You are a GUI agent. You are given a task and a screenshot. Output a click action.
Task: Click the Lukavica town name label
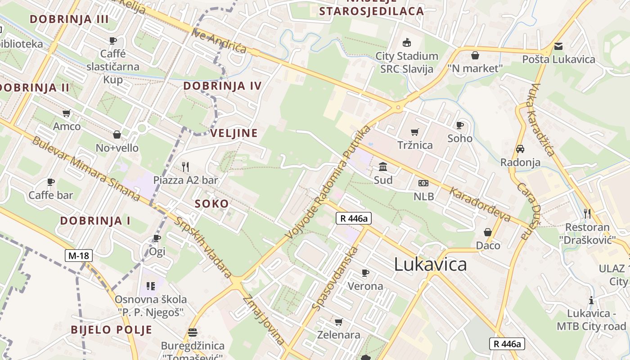click(430, 264)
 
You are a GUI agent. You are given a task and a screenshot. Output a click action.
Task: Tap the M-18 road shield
click(78, 256)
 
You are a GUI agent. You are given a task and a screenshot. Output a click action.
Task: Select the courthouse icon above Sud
click(383, 167)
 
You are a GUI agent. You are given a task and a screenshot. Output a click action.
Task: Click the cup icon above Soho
click(459, 125)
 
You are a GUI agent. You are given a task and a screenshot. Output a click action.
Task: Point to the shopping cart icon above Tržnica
click(414, 132)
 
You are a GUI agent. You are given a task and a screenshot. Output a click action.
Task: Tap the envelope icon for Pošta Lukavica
click(558, 46)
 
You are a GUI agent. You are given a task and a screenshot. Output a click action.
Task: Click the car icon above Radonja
click(520, 149)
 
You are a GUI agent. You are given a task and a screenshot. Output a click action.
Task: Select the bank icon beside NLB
click(423, 183)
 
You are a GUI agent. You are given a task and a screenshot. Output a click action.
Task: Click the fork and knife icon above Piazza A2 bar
click(185, 167)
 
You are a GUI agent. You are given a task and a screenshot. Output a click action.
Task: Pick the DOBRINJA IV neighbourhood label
click(222, 86)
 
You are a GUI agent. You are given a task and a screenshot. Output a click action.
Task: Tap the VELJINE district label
click(234, 133)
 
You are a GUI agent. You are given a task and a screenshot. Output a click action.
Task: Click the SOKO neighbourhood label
click(211, 204)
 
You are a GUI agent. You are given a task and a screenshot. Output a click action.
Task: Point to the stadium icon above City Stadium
click(407, 43)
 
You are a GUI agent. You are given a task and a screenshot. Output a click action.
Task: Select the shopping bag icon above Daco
click(488, 232)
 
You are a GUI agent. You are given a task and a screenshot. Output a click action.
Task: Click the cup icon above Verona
click(365, 273)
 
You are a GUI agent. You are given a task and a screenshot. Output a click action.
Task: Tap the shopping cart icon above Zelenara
click(338, 322)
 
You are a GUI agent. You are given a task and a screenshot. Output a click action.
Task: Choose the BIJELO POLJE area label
click(111, 329)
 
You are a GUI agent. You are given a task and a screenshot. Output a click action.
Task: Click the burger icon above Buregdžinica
click(193, 333)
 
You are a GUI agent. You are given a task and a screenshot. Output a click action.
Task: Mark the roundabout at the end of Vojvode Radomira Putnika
click(398, 108)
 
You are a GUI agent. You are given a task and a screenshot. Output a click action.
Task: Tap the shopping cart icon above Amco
click(67, 113)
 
